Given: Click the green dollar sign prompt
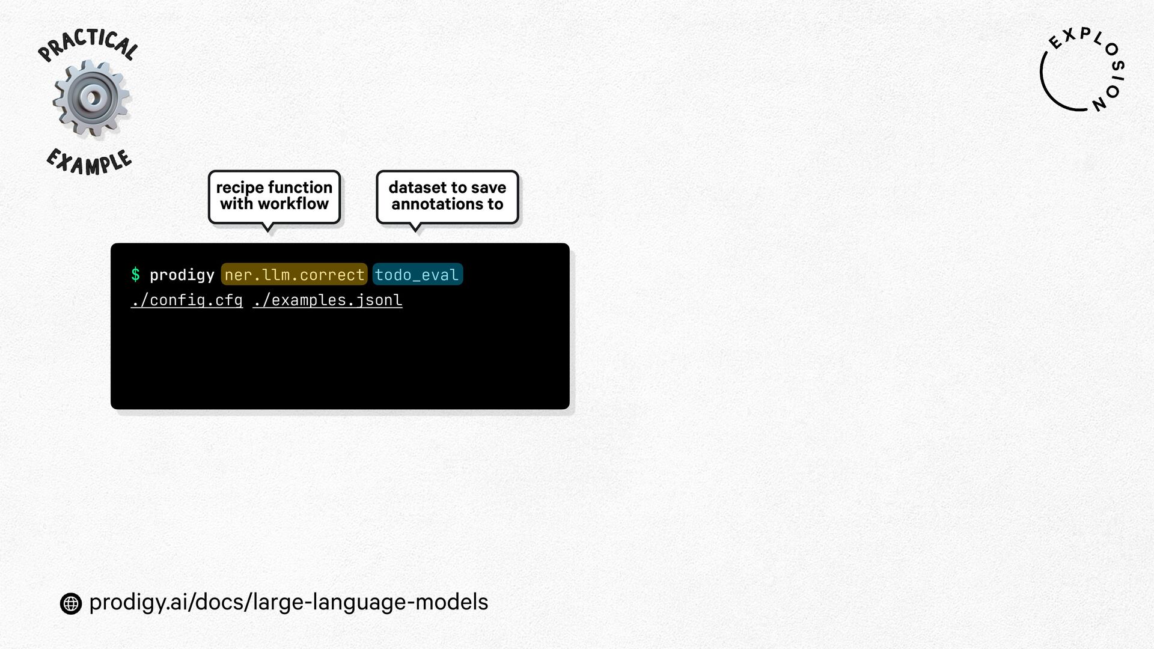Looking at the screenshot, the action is click(x=135, y=275).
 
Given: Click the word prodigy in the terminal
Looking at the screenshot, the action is click(x=182, y=275).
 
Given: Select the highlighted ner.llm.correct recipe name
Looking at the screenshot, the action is click(x=294, y=275).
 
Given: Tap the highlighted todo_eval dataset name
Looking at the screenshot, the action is click(x=417, y=275).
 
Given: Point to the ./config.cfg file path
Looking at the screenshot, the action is click(x=187, y=300).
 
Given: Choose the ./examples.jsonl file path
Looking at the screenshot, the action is click(x=328, y=300).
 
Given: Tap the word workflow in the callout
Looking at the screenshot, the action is click(x=293, y=204).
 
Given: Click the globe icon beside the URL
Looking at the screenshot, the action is click(x=71, y=603).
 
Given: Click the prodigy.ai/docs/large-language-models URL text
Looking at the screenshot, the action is click(x=288, y=602).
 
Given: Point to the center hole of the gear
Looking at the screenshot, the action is click(x=92, y=97).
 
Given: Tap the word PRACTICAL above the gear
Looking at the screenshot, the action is click(x=88, y=44).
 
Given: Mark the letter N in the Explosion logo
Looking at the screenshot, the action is click(x=1099, y=104).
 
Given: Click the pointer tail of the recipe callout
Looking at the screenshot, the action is click(x=268, y=227).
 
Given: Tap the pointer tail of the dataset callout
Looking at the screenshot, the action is click(x=415, y=227).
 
